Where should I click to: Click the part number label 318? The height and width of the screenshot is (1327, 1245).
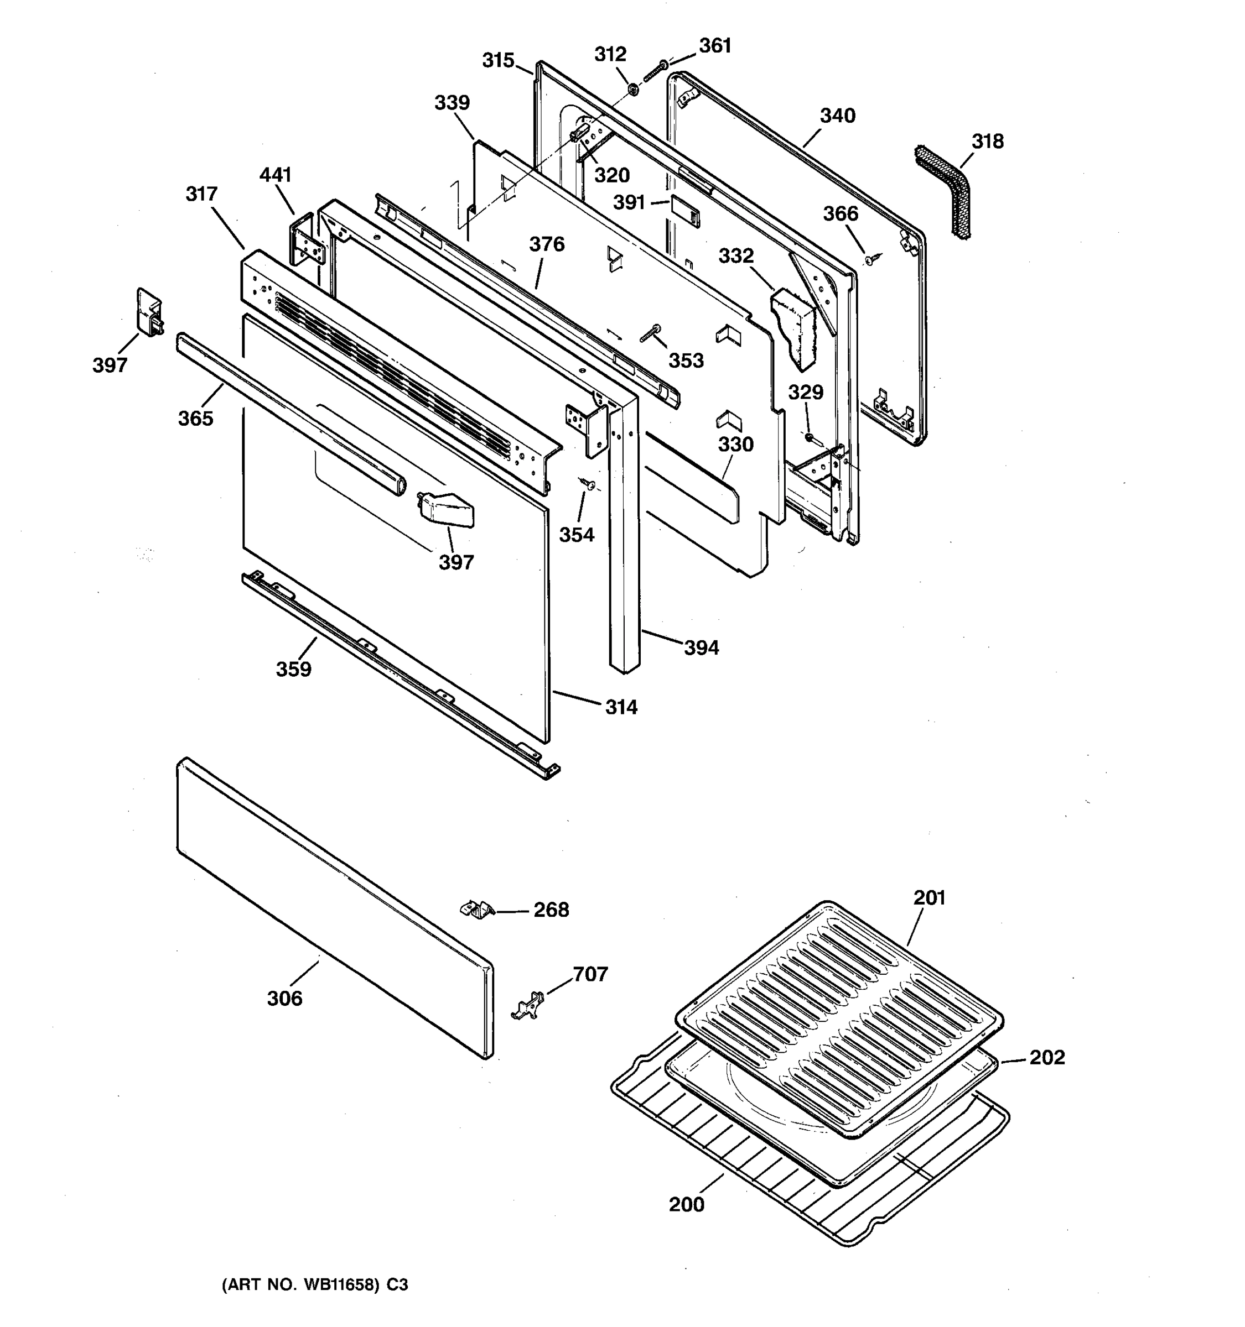tap(987, 142)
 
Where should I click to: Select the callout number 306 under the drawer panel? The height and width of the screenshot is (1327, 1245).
tap(284, 999)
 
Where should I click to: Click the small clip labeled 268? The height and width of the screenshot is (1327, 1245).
tap(477, 909)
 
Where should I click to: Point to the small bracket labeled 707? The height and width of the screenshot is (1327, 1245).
tap(528, 1005)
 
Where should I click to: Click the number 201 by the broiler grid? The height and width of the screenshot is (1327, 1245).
tap(929, 898)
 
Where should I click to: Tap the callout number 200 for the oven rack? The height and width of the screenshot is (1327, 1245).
tap(687, 1204)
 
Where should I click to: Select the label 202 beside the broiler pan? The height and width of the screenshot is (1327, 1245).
tap(1046, 1057)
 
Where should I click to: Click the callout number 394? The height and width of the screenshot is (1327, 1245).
tap(701, 647)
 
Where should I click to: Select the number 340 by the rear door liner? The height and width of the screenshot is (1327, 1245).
tap(838, 116)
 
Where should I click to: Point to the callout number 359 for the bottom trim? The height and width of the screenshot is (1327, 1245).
tap(294, 669)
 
